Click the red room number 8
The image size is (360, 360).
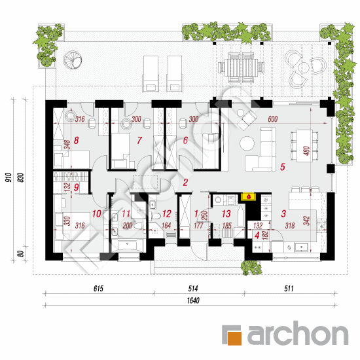76,140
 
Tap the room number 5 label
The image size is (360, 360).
283,167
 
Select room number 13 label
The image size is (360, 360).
226,214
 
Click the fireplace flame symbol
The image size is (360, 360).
249,196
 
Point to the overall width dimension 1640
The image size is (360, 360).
193,300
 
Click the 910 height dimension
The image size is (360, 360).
9,177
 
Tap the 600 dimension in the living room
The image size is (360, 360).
273,119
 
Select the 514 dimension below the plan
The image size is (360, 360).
193,289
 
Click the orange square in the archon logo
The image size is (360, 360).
234,338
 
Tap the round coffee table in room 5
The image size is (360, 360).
247,143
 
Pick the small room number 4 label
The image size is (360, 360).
257,236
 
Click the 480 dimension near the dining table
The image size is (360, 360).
306,151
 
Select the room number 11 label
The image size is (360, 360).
126,214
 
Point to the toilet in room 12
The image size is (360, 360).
155,216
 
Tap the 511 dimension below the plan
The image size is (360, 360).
289,289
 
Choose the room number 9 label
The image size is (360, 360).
76,187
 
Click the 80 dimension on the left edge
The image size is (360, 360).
21,254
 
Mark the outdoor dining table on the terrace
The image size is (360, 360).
241,67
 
